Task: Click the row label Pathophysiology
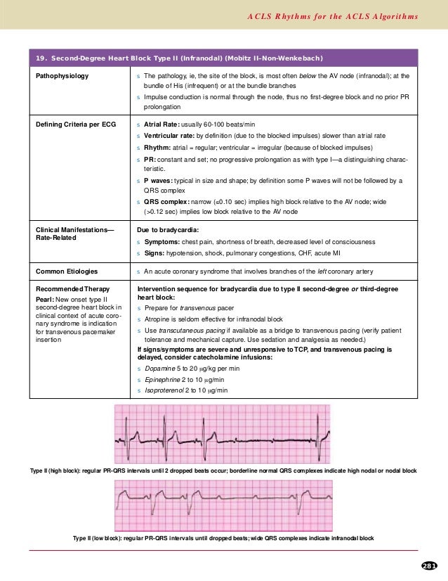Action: click(62, 75)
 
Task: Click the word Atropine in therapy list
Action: click(157, 319)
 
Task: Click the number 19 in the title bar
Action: click(40, 57)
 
